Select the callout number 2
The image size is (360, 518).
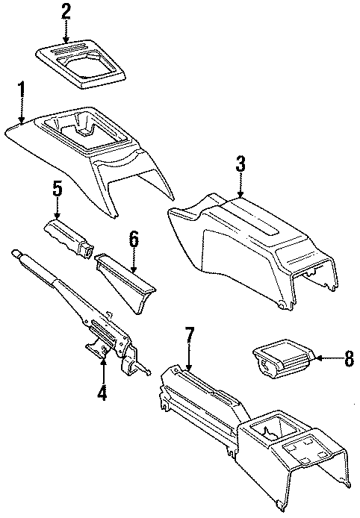[x=66, y=11]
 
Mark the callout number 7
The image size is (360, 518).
[x=190, y=337]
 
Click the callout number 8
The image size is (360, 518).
[x=348, y=359]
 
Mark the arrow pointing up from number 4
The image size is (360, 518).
[x=104, y=363]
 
